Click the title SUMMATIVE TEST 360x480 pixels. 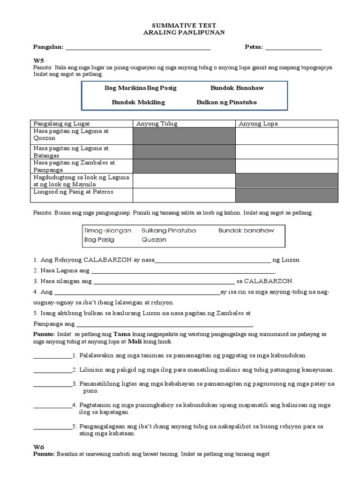tap(180, 24)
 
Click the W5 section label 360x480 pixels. tap(37, 61)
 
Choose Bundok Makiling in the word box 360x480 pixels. tap(138, 102)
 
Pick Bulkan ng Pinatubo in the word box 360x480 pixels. tap(226, 102)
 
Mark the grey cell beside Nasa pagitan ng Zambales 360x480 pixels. tap(184, 166)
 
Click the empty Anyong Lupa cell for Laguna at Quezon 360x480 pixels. tap(286, 136)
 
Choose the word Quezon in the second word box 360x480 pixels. tap(153, 240)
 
